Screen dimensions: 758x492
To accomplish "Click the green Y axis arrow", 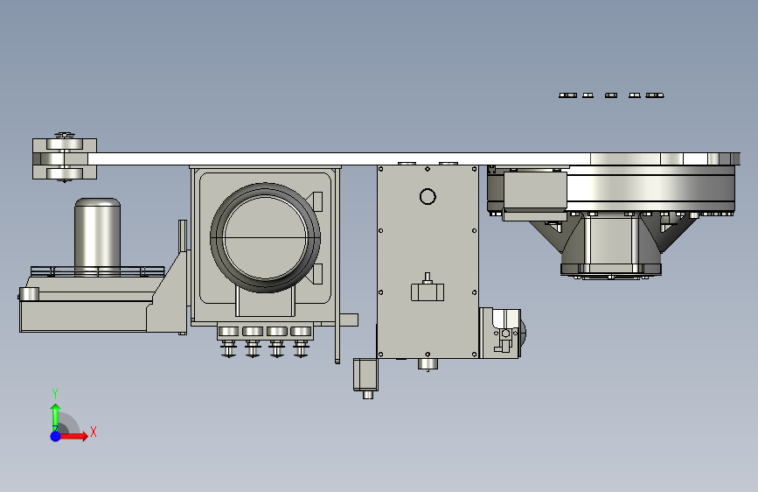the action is coord(56,416).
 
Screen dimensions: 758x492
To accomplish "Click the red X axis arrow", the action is coord(73,436).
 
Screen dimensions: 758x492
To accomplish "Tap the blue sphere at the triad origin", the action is coord(55,436).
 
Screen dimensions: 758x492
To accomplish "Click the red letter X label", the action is coord(94,432).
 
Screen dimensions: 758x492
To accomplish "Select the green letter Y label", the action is coord(54,393).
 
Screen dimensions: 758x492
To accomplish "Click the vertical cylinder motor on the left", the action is coord(97,236).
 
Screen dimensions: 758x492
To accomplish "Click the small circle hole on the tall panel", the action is coord(428,197).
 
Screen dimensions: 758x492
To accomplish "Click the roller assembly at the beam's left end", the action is coord(65,158).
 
